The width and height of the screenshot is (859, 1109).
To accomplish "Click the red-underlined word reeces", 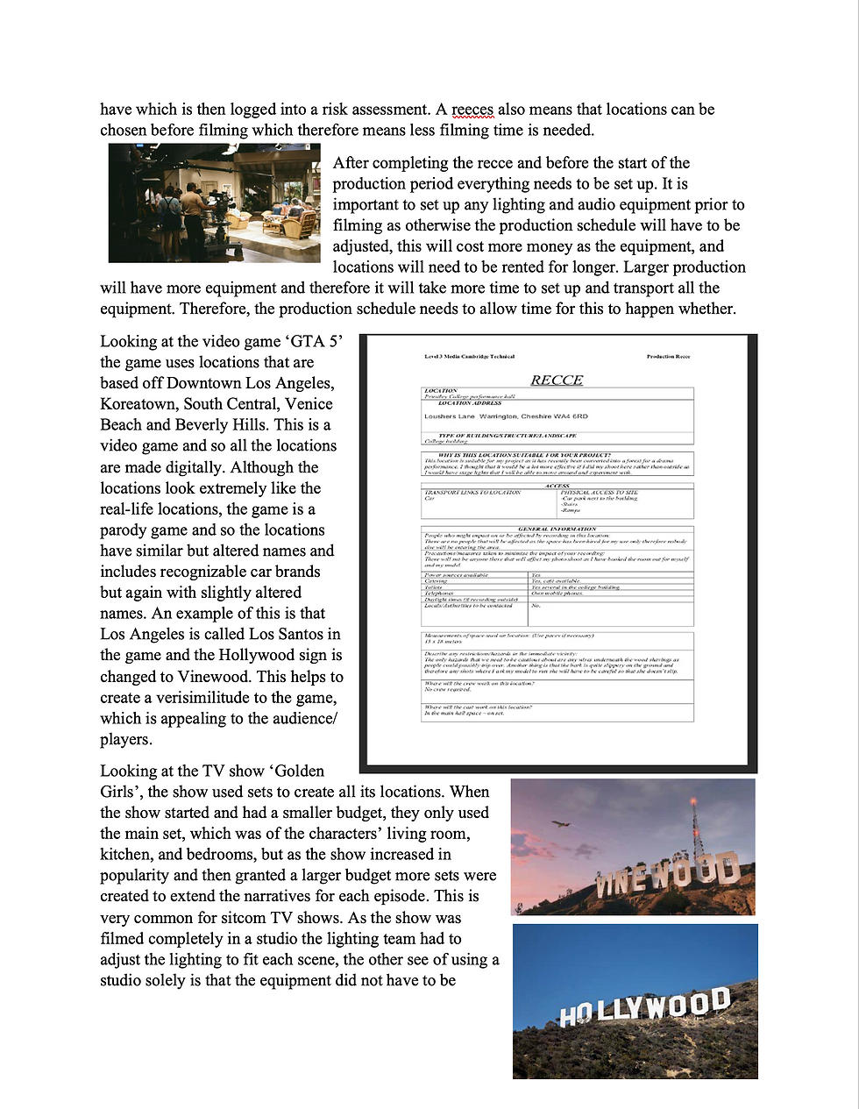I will pyautogui.click(x=472, y=110).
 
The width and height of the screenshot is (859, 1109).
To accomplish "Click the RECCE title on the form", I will pyautogui.click(x=557, y=380).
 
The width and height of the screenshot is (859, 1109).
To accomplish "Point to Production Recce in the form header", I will pyautogui.click(x=668, y=357).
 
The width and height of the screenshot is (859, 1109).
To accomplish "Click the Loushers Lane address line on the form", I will pyautogui.click(x=506, y=416).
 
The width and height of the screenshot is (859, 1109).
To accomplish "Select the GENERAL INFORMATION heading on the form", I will pyautogui.click(x=557, y=530).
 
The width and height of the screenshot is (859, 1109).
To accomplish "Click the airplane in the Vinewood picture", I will pyautogui.click(x=557, y=824).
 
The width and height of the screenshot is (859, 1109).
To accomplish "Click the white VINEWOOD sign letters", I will pyautogui.click(x=666, y=877).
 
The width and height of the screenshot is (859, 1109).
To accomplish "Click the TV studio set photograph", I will pyautogui.click(x=215, y=203).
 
